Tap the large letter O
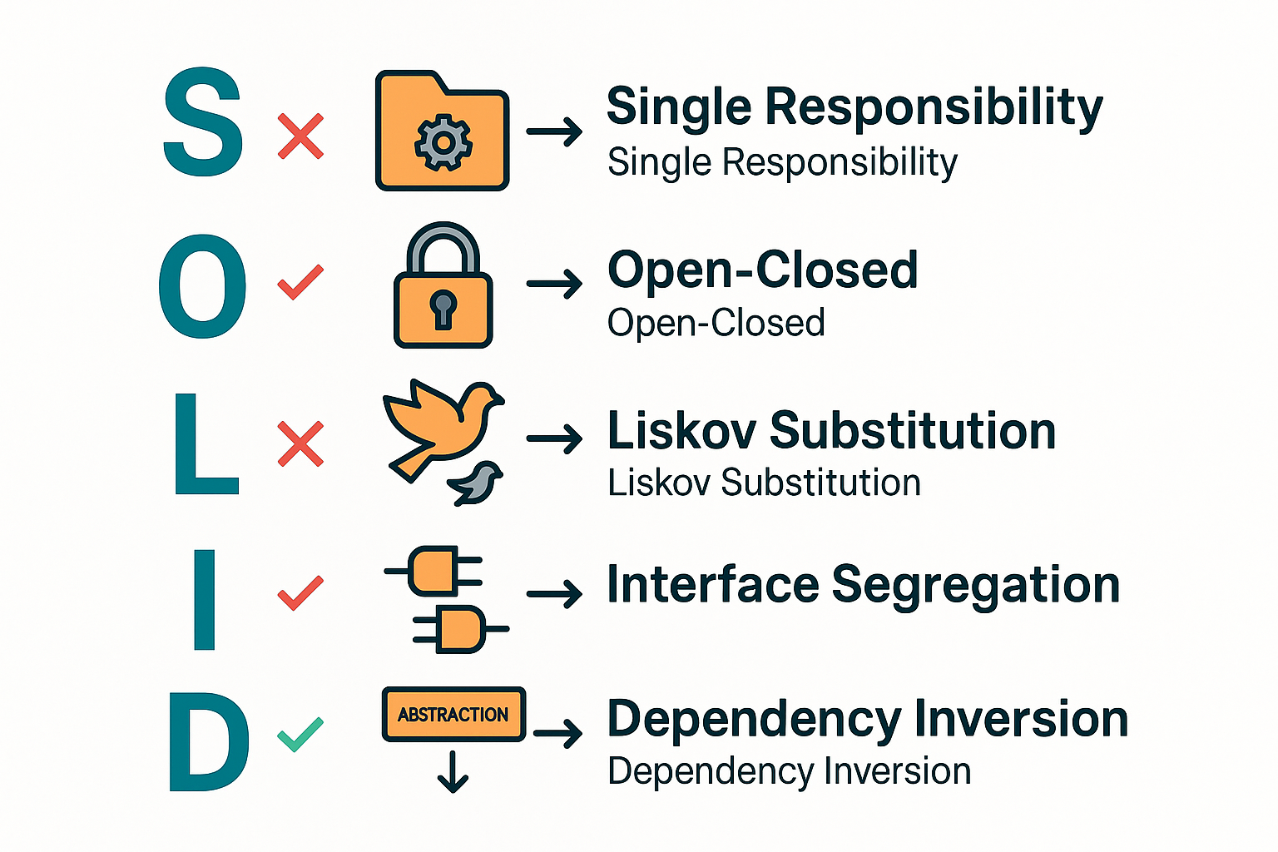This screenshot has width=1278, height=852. (203, 285)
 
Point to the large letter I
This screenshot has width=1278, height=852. (204, 599)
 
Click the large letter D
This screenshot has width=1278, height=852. (208, 742)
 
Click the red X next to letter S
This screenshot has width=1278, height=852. (300, 136)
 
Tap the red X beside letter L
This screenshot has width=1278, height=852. (300, 443)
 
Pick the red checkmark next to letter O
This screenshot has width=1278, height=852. (300, 282)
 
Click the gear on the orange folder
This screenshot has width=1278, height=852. (443, 143)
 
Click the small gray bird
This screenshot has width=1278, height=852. (477, 483)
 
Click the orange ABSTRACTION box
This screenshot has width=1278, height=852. (453, 714)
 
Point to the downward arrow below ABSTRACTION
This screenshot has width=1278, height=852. (453, 772)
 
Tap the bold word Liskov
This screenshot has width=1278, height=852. (681, 431)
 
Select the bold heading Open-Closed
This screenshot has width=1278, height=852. (762, 270)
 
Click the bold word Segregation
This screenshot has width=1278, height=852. (975, 586)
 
